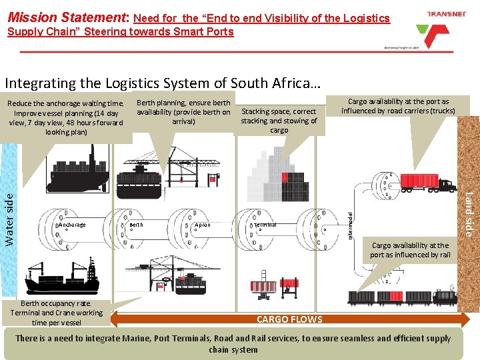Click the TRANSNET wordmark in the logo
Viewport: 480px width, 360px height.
437,13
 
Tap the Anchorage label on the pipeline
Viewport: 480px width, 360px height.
72,225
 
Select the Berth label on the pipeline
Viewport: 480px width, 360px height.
135,225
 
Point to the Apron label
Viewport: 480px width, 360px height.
203,225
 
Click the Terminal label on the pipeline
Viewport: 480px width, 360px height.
265,225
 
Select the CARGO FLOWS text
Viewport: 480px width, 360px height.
289,319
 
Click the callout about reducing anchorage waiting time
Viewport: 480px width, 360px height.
65,117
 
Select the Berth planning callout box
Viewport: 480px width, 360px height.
183,112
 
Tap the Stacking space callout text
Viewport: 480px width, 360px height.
279,121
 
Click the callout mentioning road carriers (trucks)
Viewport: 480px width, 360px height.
398,106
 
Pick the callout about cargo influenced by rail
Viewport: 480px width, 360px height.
410,250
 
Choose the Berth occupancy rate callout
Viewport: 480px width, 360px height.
57,313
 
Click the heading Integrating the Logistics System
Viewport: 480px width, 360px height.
163,83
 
